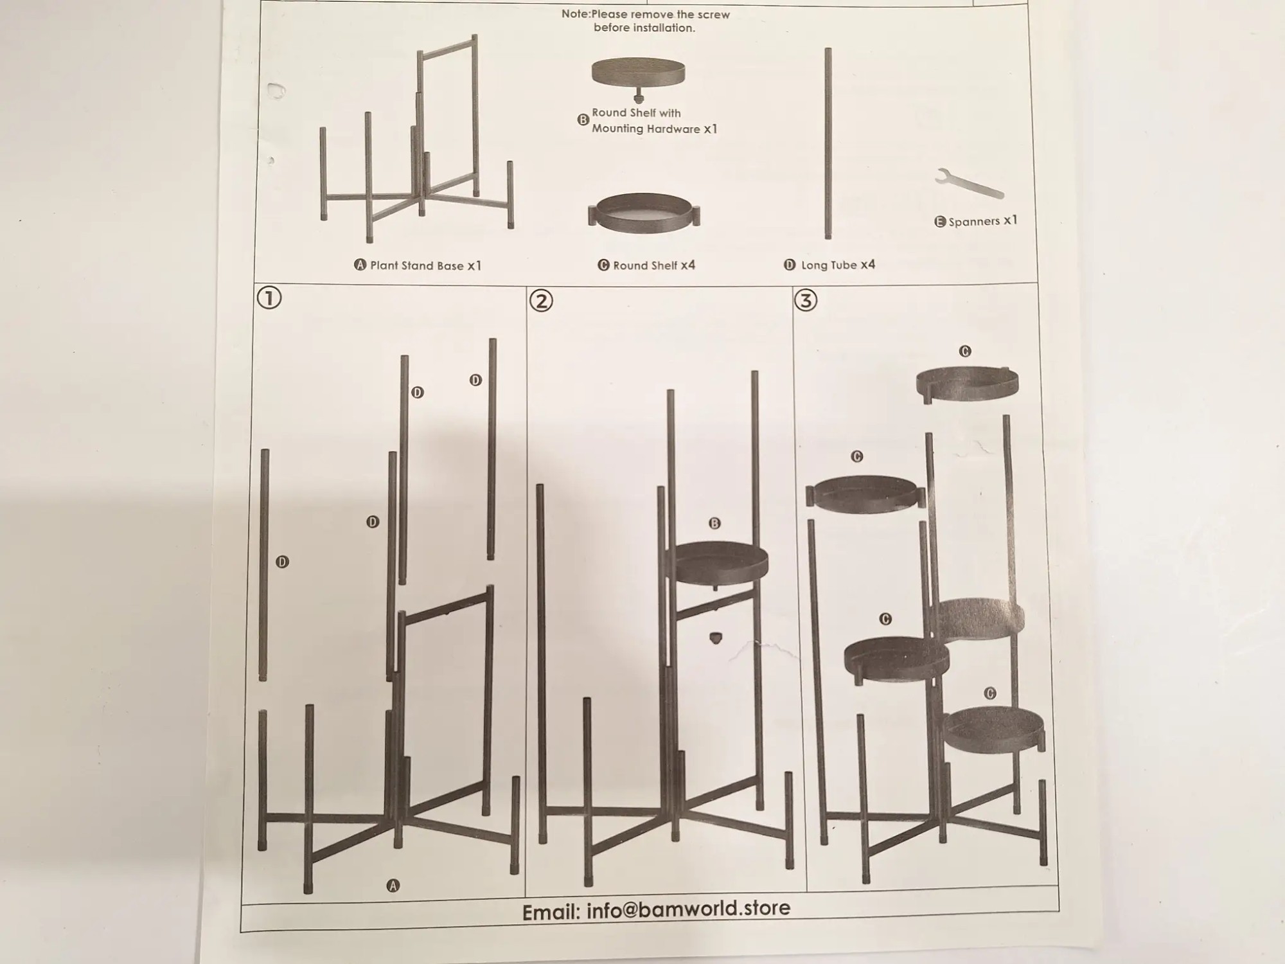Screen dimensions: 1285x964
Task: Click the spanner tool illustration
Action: coord(968,184)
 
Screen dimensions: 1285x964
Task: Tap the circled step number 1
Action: coord(269,298)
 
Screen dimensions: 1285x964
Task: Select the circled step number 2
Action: coord(541,300)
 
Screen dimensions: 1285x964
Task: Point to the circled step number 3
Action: coord(806,300)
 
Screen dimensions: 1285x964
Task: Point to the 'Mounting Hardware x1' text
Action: coord(654,129)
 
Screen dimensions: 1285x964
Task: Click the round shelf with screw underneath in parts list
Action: coord(638,79)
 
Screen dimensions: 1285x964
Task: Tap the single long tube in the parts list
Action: coord(828,143)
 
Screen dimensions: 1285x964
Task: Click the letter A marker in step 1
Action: coord(393,886)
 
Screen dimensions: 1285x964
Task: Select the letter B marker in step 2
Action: coord(714,523)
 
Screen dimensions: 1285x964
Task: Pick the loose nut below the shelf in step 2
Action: coord(715,638)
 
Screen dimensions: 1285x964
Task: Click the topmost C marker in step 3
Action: coord(965,351)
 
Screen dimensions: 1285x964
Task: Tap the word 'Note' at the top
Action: coord(575,14)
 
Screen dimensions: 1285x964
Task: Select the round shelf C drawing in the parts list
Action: coord(644,213)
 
